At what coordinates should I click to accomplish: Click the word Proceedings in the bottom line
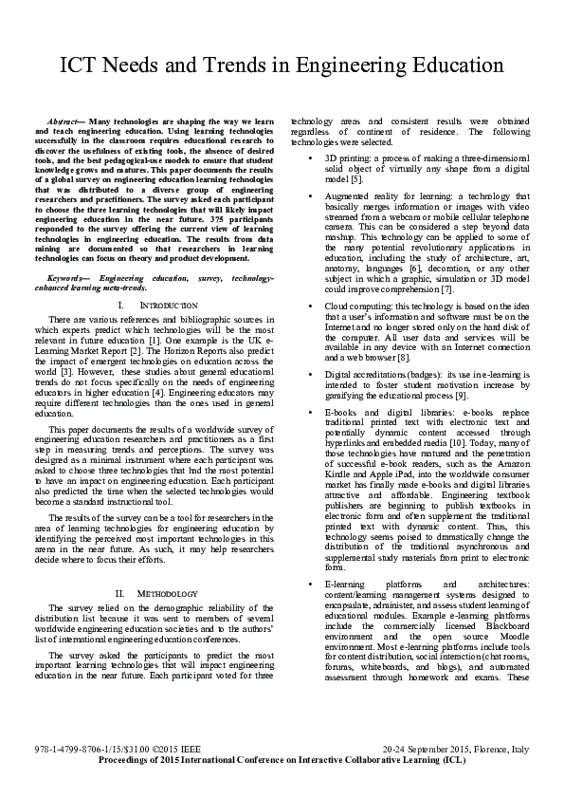pos(124,787)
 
